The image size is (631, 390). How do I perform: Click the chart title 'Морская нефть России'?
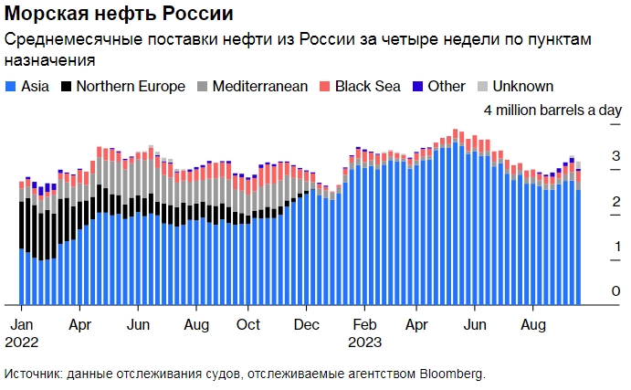[x=119, y=16]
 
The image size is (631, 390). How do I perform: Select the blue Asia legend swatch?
[x=11, y=87]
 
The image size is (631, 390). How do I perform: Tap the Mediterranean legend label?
[x=259, y=87]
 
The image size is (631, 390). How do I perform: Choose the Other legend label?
[x=447, y=87]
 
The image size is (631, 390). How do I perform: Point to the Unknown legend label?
[x=522, y=87]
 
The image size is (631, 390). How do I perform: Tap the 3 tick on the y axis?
[x=590, y=155]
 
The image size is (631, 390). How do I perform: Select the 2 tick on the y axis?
[x=590, y=201]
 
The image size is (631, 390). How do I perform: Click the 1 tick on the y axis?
[x=590, y=247]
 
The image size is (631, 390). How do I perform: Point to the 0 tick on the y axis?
[x=590, y=291]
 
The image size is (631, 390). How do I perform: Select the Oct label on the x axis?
[x=247, y=324]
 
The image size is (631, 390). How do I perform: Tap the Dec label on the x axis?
[x=307, y=324]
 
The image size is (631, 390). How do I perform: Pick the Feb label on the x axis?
[x=365, y=324]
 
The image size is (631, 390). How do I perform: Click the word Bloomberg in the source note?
[x=451, y=374]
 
